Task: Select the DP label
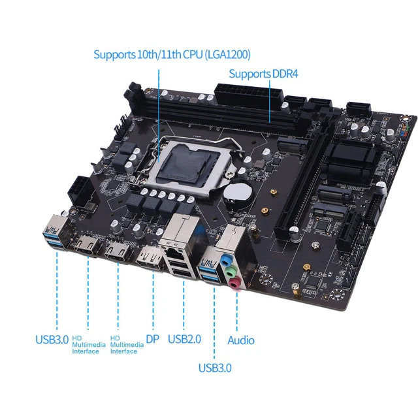(x=152, y=339)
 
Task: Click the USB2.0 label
(x=184, y=339)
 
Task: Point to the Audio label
(x=240, y=340)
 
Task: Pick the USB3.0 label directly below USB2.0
(x=215, y=368)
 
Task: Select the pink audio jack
(x=234, y=282)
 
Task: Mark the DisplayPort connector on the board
(x=149, y=260)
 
